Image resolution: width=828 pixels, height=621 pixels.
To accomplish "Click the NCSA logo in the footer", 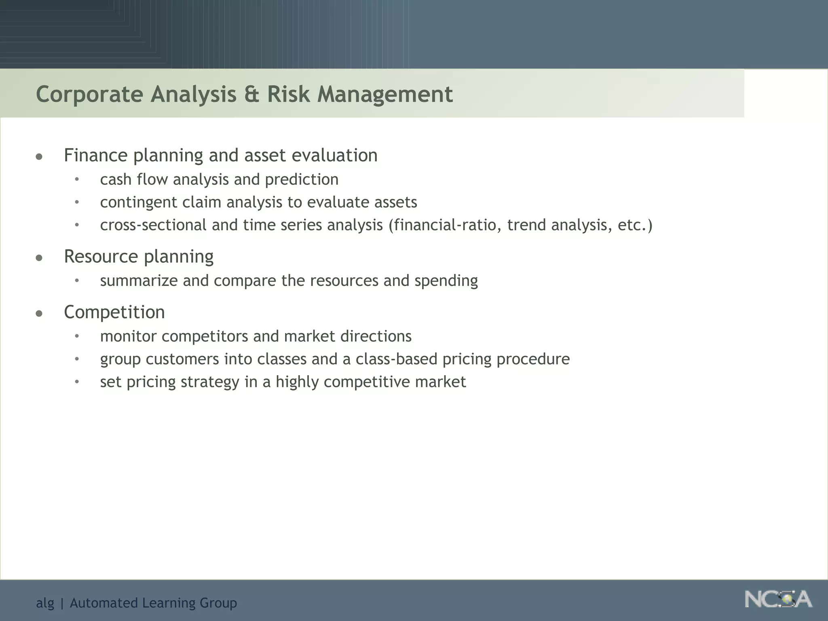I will (x=778, y=599).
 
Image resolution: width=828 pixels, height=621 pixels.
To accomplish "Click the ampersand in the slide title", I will (x=252, y=94).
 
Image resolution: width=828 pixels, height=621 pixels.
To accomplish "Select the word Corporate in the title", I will (x=89, y=94).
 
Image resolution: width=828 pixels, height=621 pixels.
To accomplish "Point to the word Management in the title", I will (x=385, y=94).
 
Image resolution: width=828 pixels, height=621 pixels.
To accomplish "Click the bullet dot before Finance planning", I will (x=39, y=156).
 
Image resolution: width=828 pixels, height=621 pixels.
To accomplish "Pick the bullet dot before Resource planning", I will (x=39, y=258).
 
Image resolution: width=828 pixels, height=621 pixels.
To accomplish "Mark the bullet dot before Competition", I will (x=39, y=313).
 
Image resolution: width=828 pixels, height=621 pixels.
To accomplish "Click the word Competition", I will (x=114, y=312).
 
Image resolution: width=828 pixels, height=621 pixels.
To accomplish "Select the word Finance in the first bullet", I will (x=95, y=155).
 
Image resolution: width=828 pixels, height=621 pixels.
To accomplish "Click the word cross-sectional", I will (x=153, y=225).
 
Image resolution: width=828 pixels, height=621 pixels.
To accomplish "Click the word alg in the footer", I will (x=45, y=603).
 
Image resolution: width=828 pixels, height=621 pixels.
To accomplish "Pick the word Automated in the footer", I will (x=103, y=603).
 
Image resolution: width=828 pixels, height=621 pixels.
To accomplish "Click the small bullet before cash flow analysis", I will (x=77, y=180).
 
